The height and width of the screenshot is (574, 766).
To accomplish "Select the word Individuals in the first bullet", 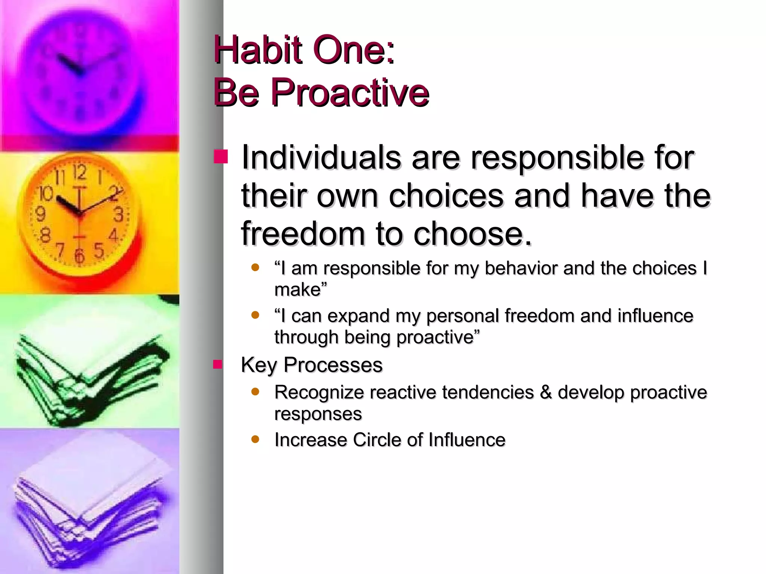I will (321, 157).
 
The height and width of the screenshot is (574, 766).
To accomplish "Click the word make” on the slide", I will (300, 290).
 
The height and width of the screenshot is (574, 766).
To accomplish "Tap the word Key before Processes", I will (259, 365).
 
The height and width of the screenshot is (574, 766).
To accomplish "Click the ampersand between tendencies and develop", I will (546, 393).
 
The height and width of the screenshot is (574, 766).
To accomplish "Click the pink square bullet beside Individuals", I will (221, 157).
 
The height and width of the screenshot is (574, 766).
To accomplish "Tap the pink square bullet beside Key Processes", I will (218, 364).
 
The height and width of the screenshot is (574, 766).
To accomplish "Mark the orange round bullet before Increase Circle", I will (255, 439).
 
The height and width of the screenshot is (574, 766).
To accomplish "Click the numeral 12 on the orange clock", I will (79, 173).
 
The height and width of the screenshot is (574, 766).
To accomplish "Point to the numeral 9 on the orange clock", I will (40, 214).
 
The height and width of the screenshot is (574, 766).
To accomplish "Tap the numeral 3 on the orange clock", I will (118, 215).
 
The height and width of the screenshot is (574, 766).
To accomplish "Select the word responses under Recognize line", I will (318, 414).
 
